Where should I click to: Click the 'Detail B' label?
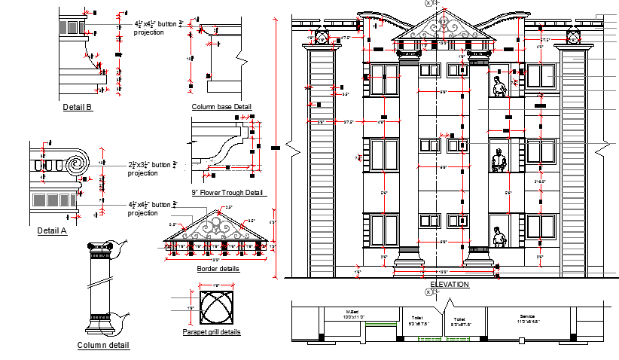(x=78, y=107)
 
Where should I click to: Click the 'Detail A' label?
(x=52, y=231)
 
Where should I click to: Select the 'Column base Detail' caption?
(x=221, y=107)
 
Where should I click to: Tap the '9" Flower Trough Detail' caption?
(x=229, y=193)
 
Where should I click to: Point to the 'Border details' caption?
(x=218, y=269)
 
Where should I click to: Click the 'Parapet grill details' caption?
(x=212, y=332)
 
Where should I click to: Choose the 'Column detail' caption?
(x=103, y=346)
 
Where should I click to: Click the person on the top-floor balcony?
(x=499, y=87)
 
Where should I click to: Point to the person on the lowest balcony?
(x=499, y=236)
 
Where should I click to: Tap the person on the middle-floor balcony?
(x=497, y=162)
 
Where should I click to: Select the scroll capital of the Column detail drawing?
(x=101, y=246)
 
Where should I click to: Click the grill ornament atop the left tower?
(x=320, y=37)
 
